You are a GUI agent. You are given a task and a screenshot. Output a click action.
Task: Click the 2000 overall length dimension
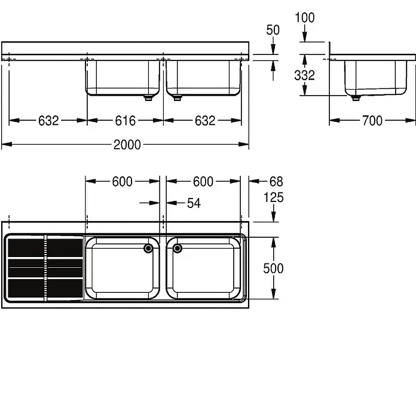pos(127,145)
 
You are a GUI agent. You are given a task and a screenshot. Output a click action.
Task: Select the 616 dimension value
pos(126,121)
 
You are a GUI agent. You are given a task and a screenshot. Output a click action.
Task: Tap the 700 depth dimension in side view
pos(372,121)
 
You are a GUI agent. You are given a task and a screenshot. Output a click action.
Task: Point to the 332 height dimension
pos(304,75)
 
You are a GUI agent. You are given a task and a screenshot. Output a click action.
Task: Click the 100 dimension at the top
pos(305,18)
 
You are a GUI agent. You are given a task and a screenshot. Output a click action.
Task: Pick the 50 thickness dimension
pos(273,30)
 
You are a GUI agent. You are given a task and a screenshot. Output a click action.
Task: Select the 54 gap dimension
pos(194,203)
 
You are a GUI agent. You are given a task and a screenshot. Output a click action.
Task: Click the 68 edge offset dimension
pos(276,182)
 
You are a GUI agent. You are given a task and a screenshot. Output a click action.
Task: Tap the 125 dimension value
pos(273,198)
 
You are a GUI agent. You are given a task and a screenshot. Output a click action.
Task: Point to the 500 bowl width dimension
pos(273,268)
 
